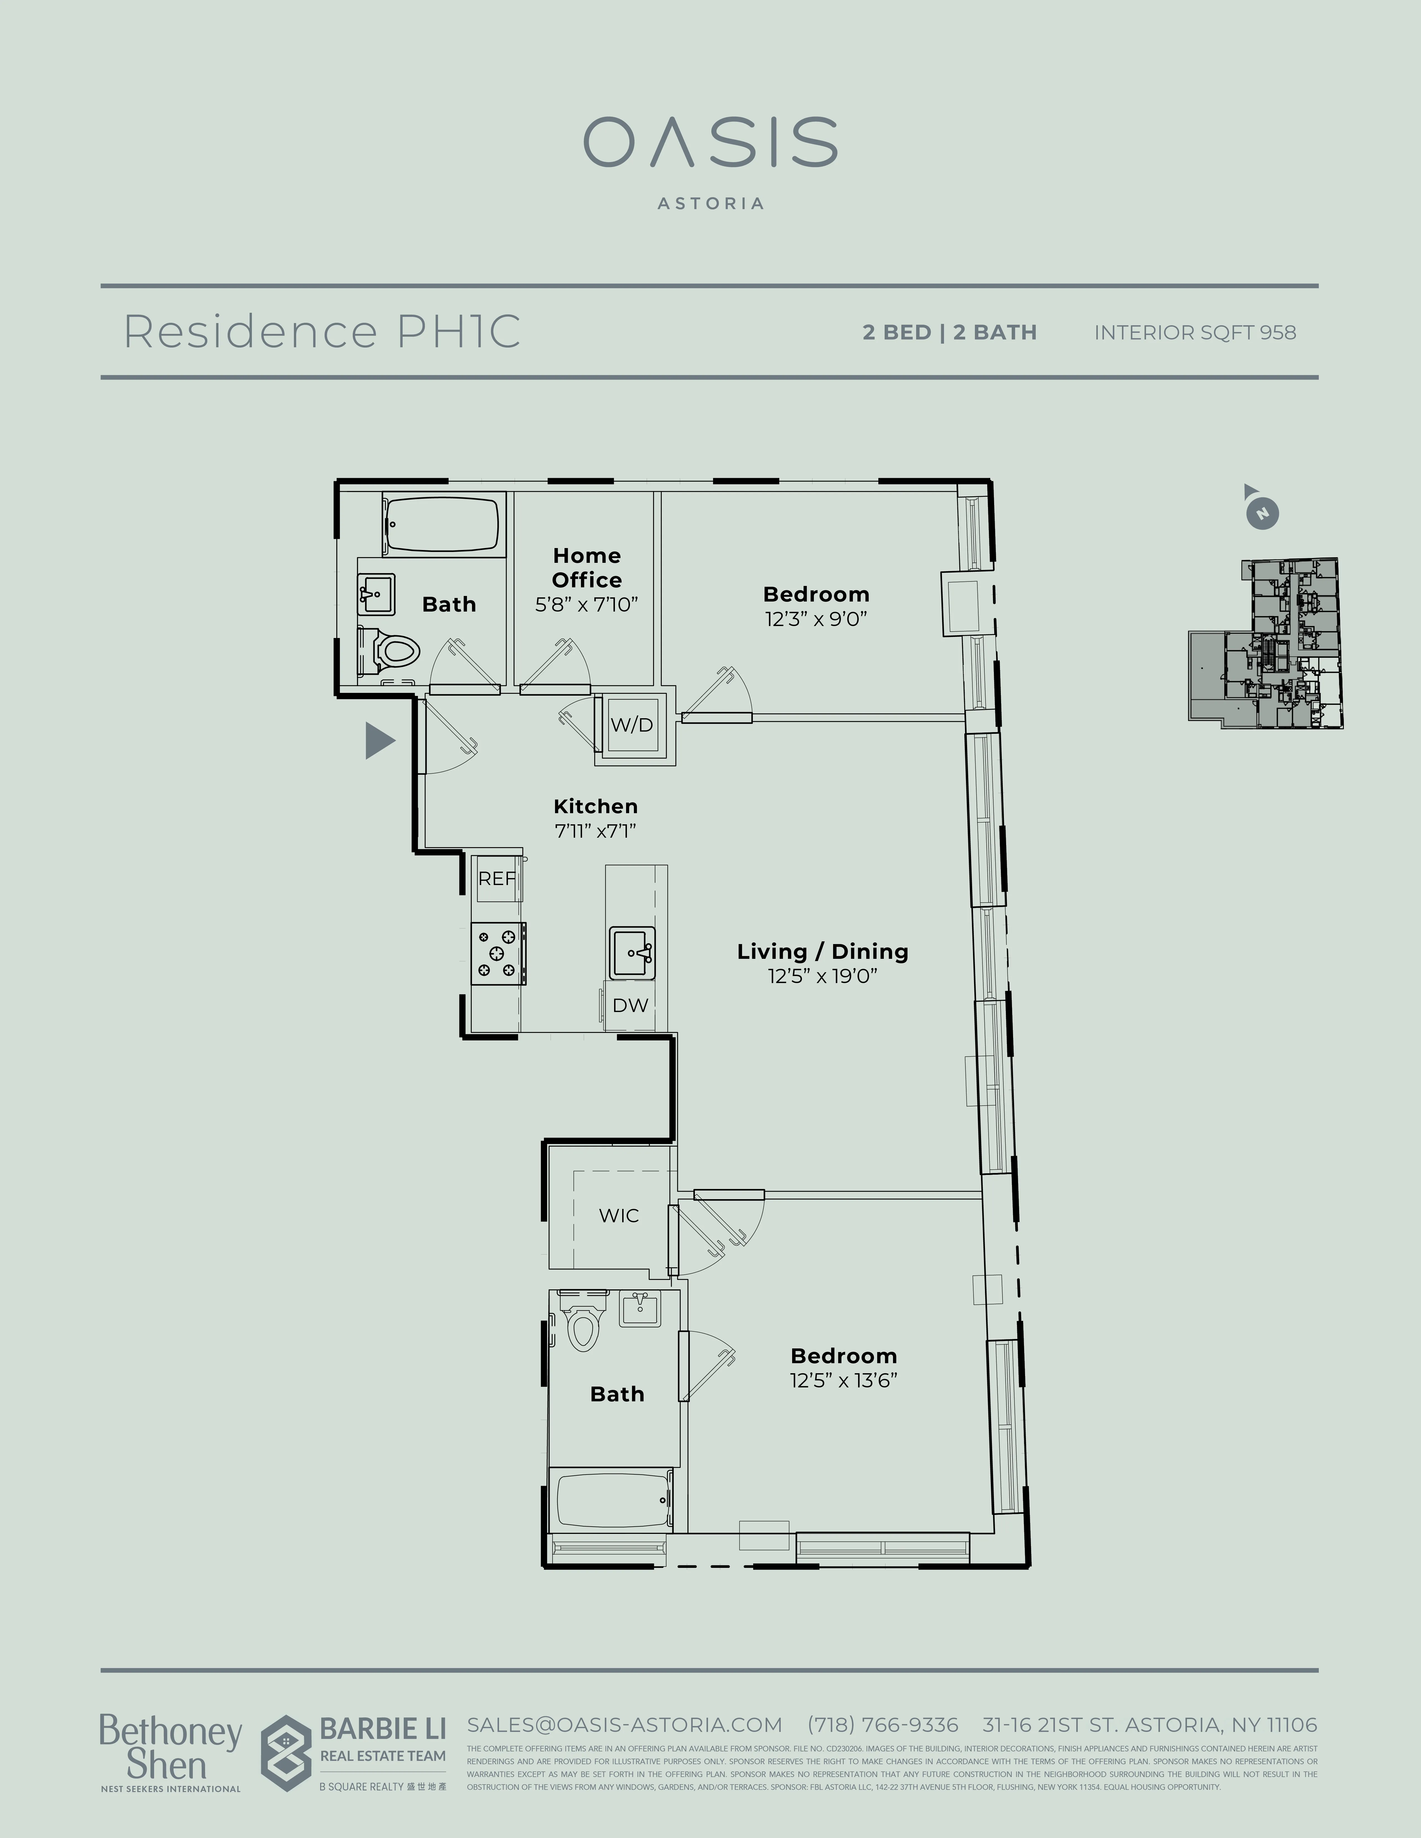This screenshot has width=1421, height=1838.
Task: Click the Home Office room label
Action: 587,568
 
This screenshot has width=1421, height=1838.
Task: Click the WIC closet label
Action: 619,1215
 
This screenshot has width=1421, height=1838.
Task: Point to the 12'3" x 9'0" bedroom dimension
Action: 816,619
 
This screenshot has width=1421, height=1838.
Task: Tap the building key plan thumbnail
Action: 1265,644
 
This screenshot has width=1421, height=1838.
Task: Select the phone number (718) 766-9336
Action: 882,1724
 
